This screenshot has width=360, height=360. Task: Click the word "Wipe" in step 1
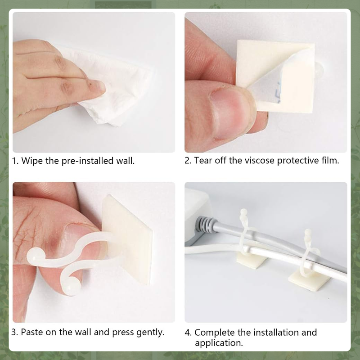[32, 161]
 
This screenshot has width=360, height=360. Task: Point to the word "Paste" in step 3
[33, 333]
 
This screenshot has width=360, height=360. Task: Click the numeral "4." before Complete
[189, 333]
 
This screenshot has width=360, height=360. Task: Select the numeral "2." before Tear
[188, 161]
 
